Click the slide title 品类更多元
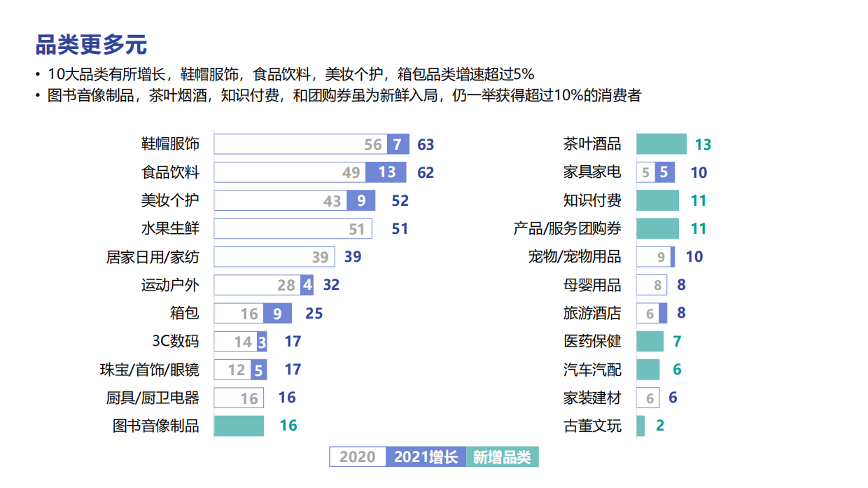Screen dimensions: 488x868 91,45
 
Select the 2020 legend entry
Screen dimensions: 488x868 358,457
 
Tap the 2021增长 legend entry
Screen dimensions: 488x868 426,457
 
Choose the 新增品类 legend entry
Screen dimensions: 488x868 502,457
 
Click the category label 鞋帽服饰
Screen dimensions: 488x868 170,144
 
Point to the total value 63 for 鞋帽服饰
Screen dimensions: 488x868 426,145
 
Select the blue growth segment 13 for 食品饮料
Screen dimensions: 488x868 386,172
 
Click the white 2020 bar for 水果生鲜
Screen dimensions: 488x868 293,229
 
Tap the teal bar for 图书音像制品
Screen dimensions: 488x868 239,426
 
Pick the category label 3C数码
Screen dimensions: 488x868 176,341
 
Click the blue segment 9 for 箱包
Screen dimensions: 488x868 277,313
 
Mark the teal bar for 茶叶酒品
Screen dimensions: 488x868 661,144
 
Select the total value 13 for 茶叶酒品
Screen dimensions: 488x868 703,145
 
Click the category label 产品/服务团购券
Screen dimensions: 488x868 567,229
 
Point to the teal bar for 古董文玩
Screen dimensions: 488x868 640,426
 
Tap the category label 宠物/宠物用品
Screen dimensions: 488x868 574,257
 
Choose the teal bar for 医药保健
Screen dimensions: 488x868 650,341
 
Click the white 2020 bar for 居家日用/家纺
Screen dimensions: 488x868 274,257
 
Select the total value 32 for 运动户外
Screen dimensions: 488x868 331,285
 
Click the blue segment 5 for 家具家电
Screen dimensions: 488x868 664,172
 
